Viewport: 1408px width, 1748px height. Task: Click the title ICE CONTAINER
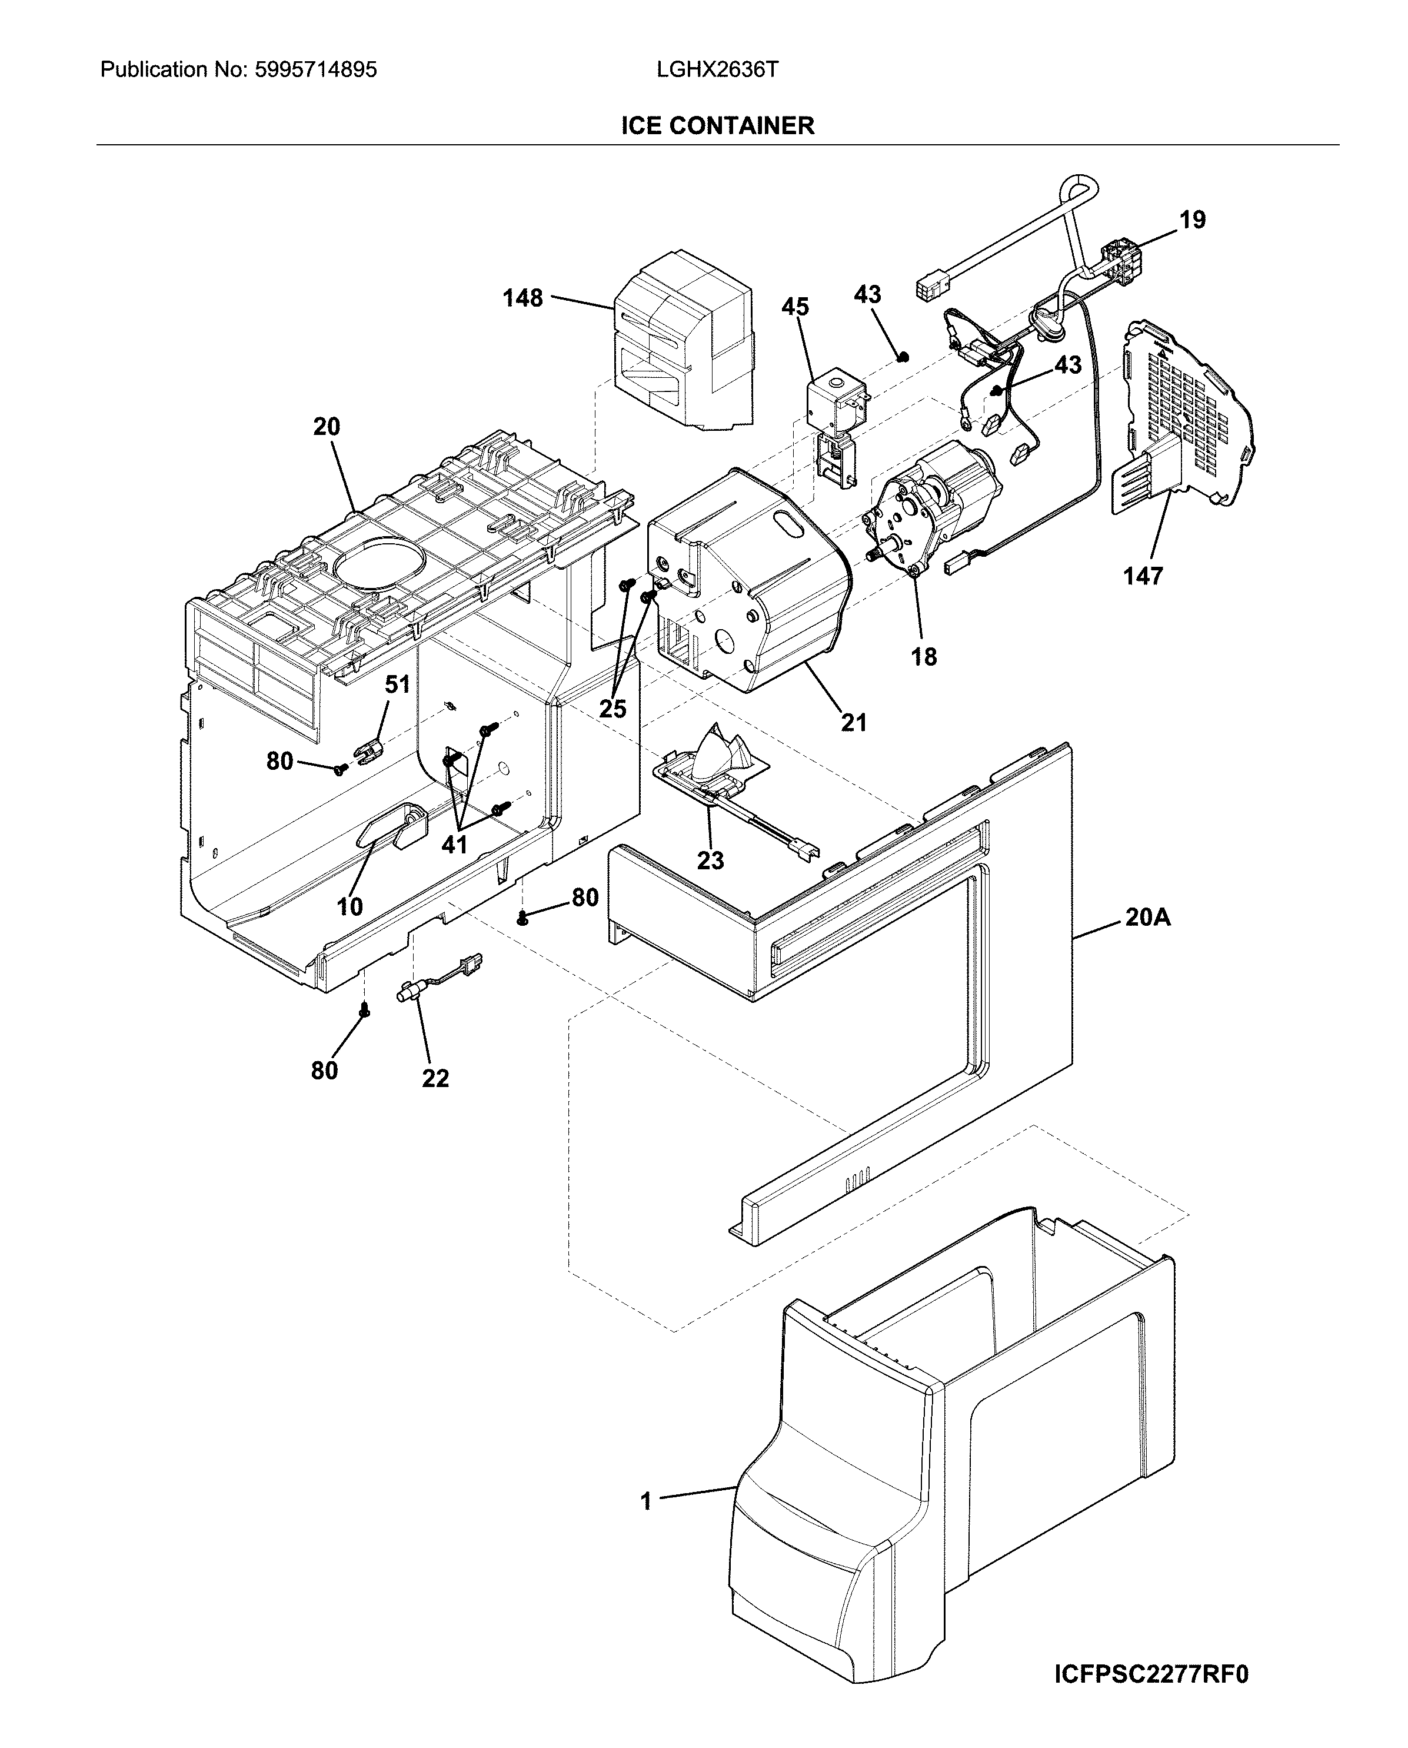click(x=717, y=126)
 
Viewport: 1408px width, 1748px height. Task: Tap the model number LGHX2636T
click(x=717, y=71)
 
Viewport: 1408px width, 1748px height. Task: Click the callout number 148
click(x=522, y=298)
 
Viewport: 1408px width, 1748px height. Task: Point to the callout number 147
click(x=1143, y=577)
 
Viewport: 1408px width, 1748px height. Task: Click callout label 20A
click(x=1148, y=918)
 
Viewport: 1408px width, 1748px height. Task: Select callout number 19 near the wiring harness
click(x=1192, y=220)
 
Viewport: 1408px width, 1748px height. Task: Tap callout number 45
click(x=795, y=307)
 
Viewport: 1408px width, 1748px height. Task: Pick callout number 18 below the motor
click(x=924, y=657)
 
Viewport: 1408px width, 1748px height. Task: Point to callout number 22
click(x=435, y=1078)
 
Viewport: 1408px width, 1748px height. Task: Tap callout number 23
click(x=711, y=860)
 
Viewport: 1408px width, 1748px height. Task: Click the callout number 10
click(x=349, y=907)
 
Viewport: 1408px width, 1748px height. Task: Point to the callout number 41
click(x=454, y=845)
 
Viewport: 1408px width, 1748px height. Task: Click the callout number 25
click(x=613, y=709)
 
